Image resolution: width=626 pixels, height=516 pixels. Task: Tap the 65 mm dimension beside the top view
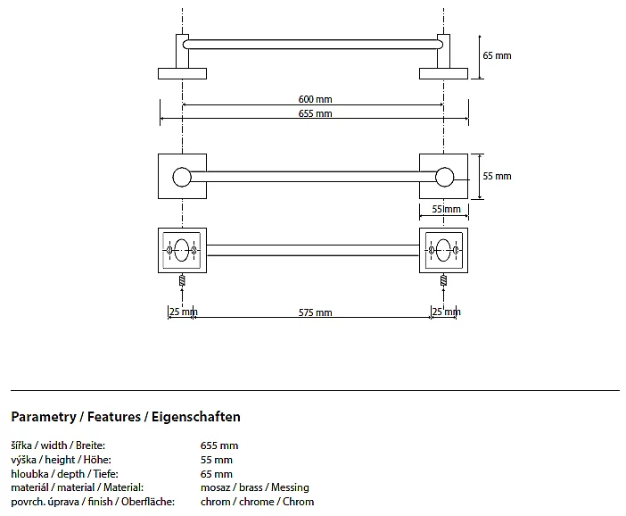coord(497,55)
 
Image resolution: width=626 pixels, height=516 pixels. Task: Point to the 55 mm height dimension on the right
coord(497,176)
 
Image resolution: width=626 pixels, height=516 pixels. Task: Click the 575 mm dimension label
coord(316,312)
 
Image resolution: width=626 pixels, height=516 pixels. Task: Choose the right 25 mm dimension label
coord(444,312)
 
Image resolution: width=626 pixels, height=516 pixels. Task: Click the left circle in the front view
coord(182,177)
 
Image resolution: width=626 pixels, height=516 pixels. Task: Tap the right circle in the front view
coord(443,177)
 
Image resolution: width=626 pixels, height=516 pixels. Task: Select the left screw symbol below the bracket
coord(182,280)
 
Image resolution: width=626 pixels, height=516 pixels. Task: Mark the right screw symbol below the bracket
coord(443,280)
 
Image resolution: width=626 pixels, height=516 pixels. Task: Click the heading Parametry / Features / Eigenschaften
coord(126,417)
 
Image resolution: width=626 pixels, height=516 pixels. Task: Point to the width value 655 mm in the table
coord(219,445)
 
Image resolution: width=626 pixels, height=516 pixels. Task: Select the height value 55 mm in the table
coord(217,460)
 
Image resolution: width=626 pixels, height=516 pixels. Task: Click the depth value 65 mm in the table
coord(217,474)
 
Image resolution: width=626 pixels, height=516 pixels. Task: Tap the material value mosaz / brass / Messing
coord(255,488)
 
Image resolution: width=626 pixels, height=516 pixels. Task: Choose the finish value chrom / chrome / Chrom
coord(258,502)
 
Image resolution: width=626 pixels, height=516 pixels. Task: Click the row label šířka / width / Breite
coord(58,445)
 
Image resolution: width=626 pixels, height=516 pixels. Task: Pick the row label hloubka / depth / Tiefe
coord(64,474)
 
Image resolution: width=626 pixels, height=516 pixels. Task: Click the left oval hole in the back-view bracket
coord(182,251)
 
